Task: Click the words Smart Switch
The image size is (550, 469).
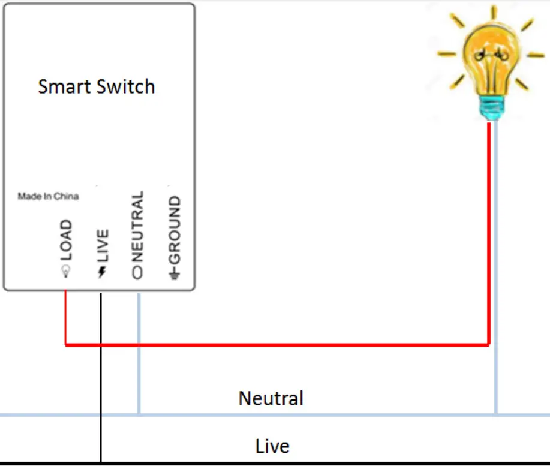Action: tap(97, 86)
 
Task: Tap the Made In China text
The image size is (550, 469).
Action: tap(48, 196)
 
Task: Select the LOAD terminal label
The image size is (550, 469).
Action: tap(65, 240)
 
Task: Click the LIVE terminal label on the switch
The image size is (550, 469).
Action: tap(102, 245)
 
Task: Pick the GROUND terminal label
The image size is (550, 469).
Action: tap(174, 230)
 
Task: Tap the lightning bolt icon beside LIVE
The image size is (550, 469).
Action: tap(102, 273)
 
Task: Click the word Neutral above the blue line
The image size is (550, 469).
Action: tap(271, 398)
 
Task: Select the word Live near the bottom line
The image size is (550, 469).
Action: tap(272, 446)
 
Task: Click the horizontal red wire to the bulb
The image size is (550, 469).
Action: tap(276, 345)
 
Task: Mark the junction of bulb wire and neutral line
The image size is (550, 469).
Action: tap(496, 414)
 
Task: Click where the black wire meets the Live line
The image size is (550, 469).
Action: tap(101, 462)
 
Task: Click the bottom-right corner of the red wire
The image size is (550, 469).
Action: tap(488, 345)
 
